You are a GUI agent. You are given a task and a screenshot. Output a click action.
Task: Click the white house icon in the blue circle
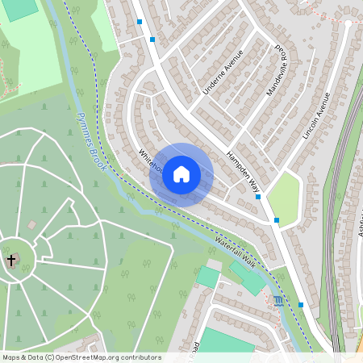click(181, 174)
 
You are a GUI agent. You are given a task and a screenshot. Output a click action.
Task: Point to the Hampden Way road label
click(244, 173)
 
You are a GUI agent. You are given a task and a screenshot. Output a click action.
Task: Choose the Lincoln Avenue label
click(316, 118)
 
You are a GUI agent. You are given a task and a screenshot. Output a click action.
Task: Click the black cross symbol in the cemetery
click(11, 261)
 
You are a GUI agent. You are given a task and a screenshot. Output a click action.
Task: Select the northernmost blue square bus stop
click(140, 22)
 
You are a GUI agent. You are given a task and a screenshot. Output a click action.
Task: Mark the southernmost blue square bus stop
click(301, 305)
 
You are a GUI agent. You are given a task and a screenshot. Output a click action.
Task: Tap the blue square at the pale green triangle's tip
click(277, 220)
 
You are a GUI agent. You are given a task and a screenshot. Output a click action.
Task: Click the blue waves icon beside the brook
click(278, 301)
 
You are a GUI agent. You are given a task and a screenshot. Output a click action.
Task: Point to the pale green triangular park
click(284, 194)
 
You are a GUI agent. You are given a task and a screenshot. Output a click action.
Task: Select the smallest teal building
click(207, 277)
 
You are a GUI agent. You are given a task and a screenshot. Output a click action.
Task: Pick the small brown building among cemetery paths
click(31, 224)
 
